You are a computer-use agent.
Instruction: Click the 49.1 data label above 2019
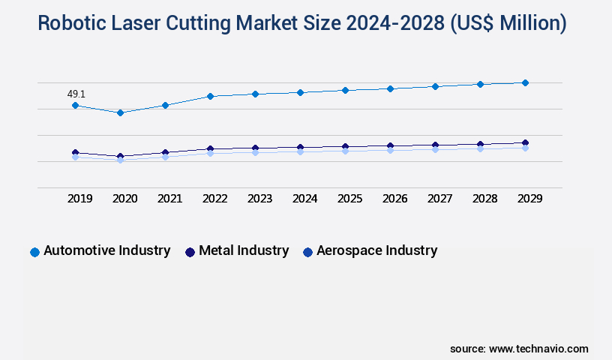pyautogui.click(x=76, y=94)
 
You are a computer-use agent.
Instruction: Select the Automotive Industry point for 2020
pyautogui.click(x=120, y=112)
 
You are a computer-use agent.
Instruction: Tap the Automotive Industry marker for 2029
pyautogui.click(x=525, y=82)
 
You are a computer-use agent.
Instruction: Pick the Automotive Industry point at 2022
pyautogui.click(x=210, y=96)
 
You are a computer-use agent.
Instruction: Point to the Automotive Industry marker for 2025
pyautogui.click(x=345, y=90)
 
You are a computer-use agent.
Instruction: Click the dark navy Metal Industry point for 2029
pyautogui.click(x=525, y=142)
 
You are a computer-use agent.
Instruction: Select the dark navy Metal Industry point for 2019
pyautogui.click(x=75, y=152)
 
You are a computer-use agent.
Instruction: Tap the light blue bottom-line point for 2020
pyautogui.click(x=120, y=160)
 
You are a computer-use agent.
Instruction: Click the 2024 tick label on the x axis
pyautogui.click(x=304, y=199)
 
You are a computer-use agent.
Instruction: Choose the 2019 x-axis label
pyautogui.click(x=79, y=199)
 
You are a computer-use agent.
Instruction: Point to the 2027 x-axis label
pyautogui.click(x=439, y=199)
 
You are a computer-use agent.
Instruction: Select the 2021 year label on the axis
pyautogui.click(x=169, y=199)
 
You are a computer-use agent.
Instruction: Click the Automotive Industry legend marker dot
pyautogui.click(x=34, y=252)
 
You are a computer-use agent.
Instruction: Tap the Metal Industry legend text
pyautogui.click(x=243, y=250)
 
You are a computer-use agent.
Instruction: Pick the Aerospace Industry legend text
pyautogui.click(x=376, y=250)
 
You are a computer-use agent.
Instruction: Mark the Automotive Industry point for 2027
pyautogui.click(x=435, y=86)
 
